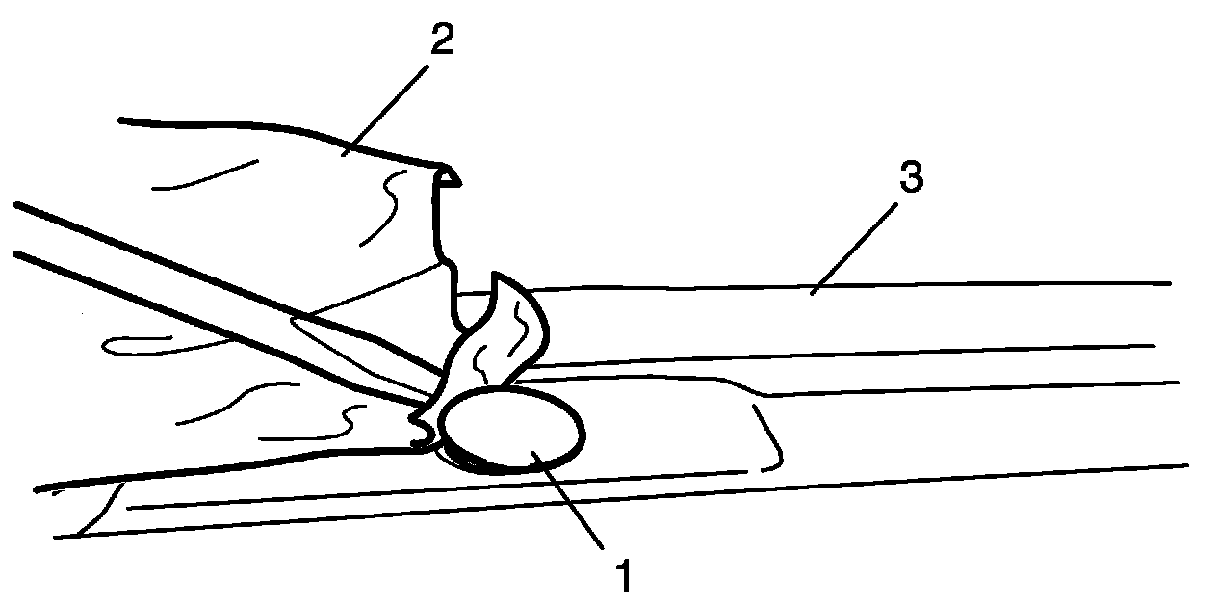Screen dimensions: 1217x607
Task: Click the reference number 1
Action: [x=624, y=576]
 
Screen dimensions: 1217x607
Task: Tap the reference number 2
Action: [x=438, y=41]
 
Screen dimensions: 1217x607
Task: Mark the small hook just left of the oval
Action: [x=421, y=429]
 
